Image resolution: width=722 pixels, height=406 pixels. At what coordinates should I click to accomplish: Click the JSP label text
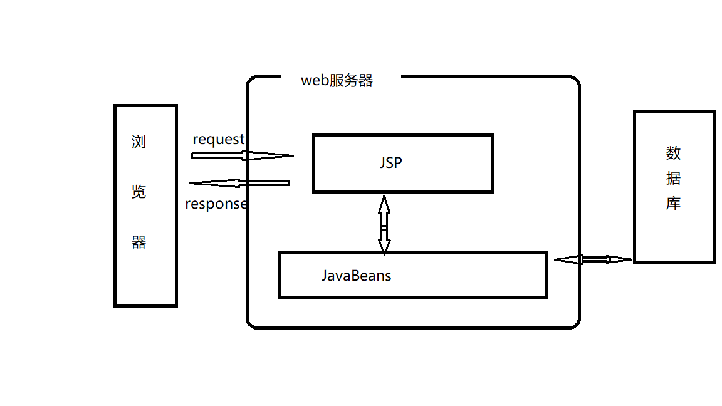(x=390, y=163)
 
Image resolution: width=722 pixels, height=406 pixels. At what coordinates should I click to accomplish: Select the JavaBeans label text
(x=356, y=276)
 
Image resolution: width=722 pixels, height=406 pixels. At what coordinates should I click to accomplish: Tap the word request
(x=218, y=140)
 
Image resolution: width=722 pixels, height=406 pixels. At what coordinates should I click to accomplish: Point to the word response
(x=216, y=204)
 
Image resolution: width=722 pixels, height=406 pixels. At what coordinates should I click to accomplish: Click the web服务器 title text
(x=337, y=81)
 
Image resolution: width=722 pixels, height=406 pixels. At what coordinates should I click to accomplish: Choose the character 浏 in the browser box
(x=139, y=142)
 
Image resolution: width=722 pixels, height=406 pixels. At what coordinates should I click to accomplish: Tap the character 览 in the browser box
(x=139, y=192)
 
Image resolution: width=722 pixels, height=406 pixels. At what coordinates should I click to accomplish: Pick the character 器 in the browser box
(x=139, y=242)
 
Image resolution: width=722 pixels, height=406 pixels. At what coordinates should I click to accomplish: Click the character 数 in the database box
(x=673, y=153)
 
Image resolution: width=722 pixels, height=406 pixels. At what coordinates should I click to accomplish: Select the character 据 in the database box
(x=673, y=179)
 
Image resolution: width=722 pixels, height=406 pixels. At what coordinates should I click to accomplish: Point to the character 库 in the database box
(x=673, y=204)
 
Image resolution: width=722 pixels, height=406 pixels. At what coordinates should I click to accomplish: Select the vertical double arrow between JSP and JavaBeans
(x=384, y=225)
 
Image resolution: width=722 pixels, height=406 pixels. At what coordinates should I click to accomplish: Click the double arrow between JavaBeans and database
(x=594, y=259)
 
